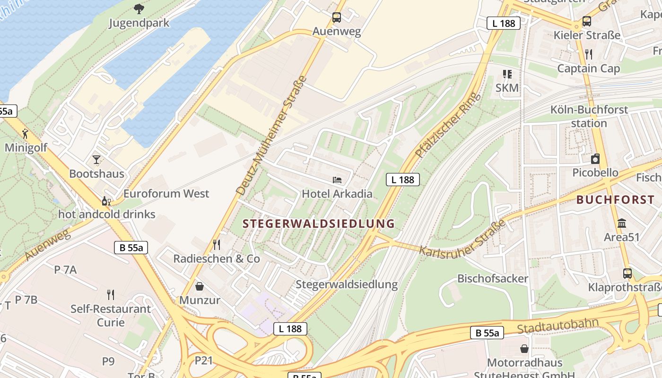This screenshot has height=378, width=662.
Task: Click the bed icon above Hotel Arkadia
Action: (337, 180)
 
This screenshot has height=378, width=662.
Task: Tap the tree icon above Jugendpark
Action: (139, 8)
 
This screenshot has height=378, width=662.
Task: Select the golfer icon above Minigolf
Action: (26, 133)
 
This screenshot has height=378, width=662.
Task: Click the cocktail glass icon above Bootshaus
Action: (96, 159)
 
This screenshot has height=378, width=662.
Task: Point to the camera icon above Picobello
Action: (595, 159)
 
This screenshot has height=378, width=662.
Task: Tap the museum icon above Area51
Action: (622, 223)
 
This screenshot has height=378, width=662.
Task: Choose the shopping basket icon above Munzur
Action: (200, 286)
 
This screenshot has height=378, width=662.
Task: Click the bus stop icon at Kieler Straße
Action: (586, 21)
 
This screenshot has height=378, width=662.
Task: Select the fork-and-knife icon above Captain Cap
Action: (588, 54)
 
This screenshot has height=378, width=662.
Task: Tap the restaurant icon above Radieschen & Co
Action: (217, 244)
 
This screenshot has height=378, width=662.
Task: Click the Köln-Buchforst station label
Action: (589, 116)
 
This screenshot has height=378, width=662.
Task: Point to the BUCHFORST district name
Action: (615, 199)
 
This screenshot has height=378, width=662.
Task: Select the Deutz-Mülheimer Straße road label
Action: (272, 135)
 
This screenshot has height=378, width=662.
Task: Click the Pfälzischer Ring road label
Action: (447, 125)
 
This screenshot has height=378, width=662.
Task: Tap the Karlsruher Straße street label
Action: (462, 238)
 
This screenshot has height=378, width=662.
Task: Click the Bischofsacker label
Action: (492, 278)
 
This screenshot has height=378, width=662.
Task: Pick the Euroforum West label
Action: (166, 194)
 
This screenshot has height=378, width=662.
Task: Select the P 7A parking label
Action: (65, 270)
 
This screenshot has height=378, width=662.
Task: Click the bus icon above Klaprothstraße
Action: (627, 273)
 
